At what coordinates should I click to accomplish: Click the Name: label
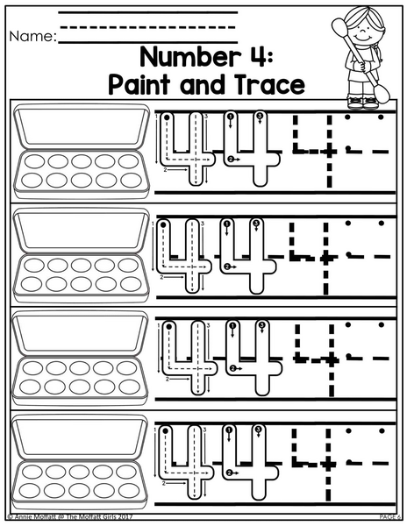(32, 36)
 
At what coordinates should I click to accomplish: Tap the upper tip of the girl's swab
(339, 25)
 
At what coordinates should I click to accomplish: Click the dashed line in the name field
(147, 27)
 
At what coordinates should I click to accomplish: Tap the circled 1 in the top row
(230, 117)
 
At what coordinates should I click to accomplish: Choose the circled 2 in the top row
(230, 160)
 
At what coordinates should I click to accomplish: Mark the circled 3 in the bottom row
(258, 430)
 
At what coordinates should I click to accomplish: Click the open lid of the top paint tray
(82, 126)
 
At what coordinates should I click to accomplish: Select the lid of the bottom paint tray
(80, 437)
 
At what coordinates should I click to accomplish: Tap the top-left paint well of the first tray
(34, 161)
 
